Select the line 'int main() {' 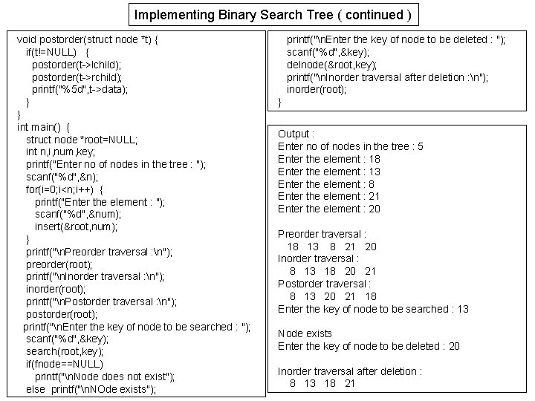[47, 127]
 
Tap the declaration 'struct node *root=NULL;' [82, 140]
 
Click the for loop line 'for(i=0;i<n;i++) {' [65, 189]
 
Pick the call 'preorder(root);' [59, 264]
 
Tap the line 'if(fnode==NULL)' [64, 364]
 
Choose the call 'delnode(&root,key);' [328, 65]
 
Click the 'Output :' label [296, 134]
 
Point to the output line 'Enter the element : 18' [329, 159]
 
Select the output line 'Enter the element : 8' [326, 184]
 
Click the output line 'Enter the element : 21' [329, 196]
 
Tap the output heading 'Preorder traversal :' [322, 234]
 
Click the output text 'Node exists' [305, 333]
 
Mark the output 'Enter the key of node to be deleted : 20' [369, 346]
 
